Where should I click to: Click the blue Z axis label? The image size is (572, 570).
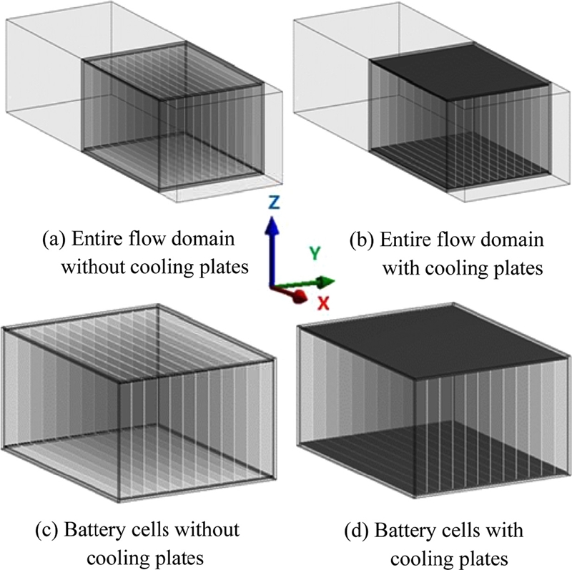(x=274, y=202)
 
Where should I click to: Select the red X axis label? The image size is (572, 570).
(x=323, y=303)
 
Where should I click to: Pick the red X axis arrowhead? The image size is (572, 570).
(x=300, y=295)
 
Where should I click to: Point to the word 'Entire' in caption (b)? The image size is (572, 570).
(x=403, y=238)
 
